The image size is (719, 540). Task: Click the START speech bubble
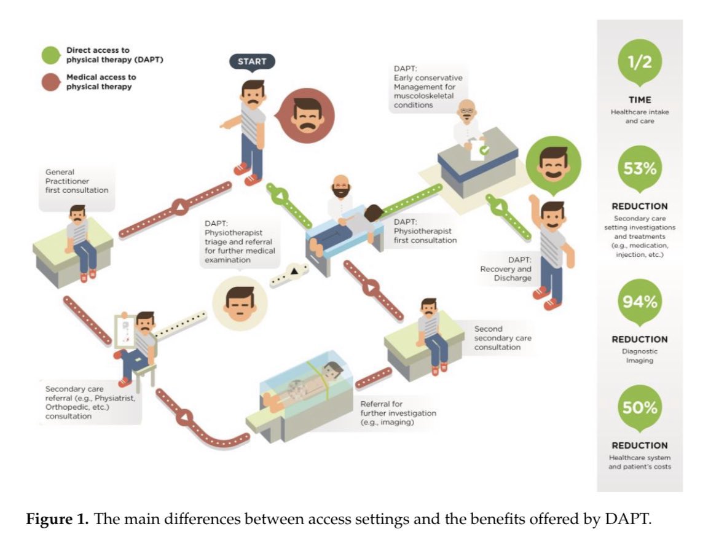coord(252,62)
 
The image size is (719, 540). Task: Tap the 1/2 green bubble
coord(640,62)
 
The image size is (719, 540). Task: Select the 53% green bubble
coord(640,169)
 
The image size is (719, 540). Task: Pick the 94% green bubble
coord(640,302)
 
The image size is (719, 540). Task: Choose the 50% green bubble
coord(640,407)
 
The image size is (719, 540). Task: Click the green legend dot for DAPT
coord(51,55)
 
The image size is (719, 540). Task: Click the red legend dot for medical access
coord(51,82)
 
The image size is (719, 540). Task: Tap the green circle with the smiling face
coord(554,165)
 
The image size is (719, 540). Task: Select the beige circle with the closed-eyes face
coord(240,303)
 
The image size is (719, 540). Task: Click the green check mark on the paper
coord(485,149)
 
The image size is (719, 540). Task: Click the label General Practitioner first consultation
coord(77,181)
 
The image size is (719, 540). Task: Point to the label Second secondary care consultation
coord(503,338)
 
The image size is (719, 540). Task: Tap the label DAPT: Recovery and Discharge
coord(506,269)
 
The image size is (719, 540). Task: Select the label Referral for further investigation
coord(398,413)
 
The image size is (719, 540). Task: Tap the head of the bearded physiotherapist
coord(340,187)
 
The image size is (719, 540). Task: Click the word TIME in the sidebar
coord(640,100)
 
